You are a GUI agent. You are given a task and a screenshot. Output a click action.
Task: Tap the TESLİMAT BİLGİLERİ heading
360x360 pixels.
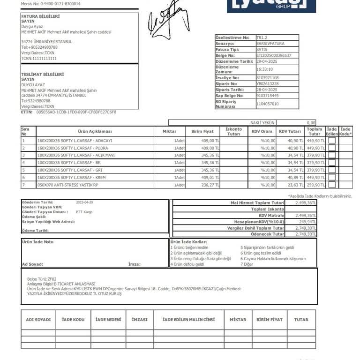click(x=42, y=74)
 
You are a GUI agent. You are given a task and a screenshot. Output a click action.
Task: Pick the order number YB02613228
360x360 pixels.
click(x=267, y=83)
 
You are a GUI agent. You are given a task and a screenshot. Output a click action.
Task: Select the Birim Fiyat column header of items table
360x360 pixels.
click(x=202, y=131)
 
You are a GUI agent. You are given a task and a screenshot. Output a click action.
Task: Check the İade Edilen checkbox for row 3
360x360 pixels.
click(x=332, y=155)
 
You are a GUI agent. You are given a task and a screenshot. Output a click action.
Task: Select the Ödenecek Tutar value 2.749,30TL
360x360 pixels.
click(x=306, y=234)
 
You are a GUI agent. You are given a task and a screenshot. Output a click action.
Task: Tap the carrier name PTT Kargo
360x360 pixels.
click(x=84, y=212)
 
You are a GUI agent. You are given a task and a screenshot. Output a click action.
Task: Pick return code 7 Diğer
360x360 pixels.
click(x=247, y=264)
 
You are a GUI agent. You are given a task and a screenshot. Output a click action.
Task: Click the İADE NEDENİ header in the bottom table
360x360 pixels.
click(x=108, y=319)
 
